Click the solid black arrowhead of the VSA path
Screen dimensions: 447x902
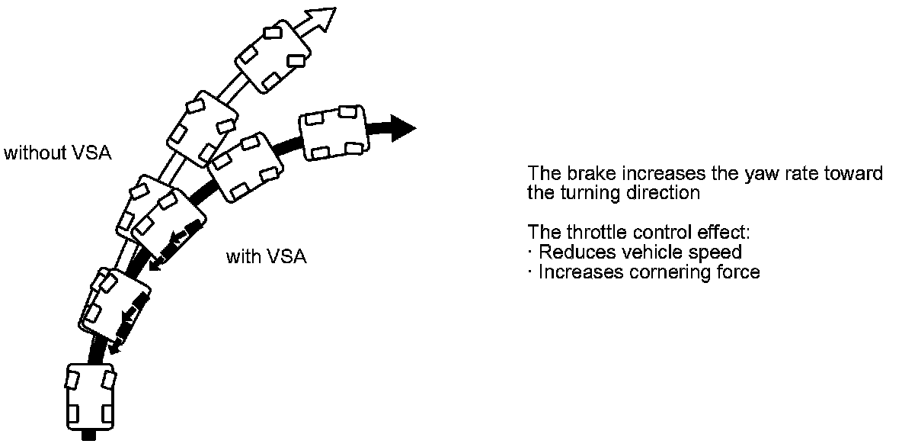tap(402, 127)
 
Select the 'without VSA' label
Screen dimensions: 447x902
tap(58, 153)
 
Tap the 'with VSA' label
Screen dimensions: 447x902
tap(266, 256)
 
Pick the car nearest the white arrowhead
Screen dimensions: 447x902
tap(273, 58)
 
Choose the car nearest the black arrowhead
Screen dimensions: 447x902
tap(332, 133)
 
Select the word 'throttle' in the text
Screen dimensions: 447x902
tap(590, 232)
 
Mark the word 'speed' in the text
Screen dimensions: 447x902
tap(720, 252)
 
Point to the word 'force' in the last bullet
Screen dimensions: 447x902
tap(737, 272)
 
